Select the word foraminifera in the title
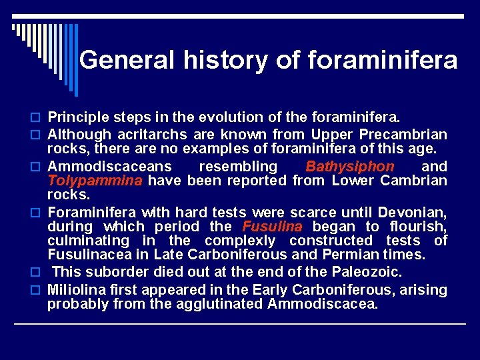383,61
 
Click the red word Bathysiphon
350,167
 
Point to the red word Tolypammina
95,181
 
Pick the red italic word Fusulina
265,227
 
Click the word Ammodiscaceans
109,167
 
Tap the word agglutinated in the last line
224,305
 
